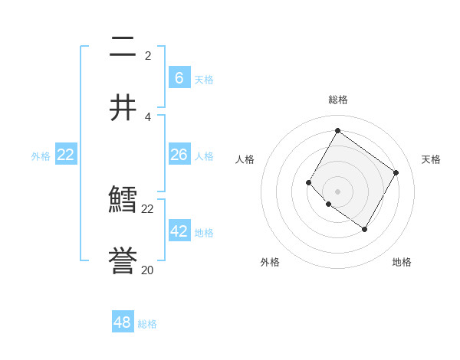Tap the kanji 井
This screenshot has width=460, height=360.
click(x=123, y=108)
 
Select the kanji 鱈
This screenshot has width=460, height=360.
click(x=123, y=201)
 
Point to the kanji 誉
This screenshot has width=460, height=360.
click(x=123, y=262)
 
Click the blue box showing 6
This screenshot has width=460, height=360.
click(x=179, y=77)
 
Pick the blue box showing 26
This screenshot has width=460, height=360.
click(x=179, y=155)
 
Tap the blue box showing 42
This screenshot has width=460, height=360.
click(x=179, y=231)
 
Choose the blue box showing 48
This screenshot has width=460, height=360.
click(x=123, y=322)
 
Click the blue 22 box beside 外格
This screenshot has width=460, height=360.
click(x=66, y=155)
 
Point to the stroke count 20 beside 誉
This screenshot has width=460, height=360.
click(x=147, y=270)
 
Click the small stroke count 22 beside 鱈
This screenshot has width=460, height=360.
click(x=147, y=208)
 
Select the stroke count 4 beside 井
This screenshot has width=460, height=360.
click(x=147, y=116)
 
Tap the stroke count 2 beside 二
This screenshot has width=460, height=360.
click(x=147, y=56)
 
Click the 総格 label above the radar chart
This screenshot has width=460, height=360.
click(x=337, y=100)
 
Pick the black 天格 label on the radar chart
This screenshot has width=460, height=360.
click(x=431, y=159)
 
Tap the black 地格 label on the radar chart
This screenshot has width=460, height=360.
click(x=402, y=262)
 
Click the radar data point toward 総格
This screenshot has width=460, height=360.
click(x=337, y=130)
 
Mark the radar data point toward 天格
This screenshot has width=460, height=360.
click(x=396, y=172)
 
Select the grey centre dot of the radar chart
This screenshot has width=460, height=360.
click(x=337, y=191)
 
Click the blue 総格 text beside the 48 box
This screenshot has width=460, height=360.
click(x=147, y=324)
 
